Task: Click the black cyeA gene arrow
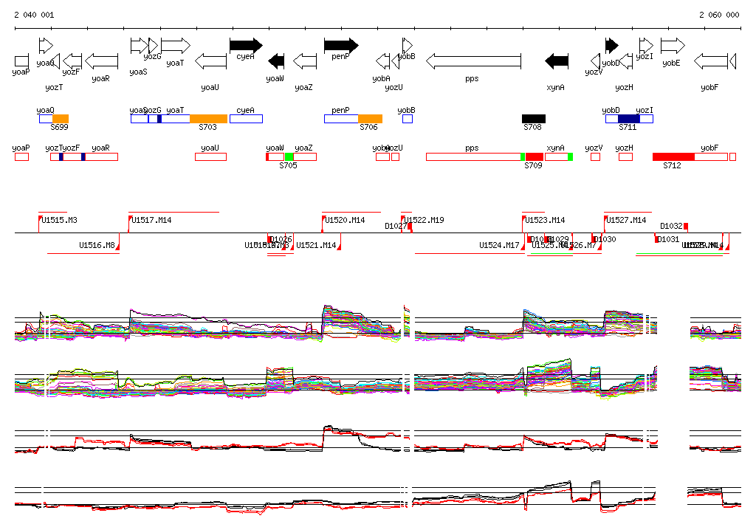click(246, 45)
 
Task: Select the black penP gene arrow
click(340, 45)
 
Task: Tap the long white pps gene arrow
click(473, 61)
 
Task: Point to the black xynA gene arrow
click(556, 61)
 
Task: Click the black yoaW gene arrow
click(276, 61)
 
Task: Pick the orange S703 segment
click(208, 119)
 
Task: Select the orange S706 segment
click(370, 119)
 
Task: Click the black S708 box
click(534, 119)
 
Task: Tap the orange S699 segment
click(61, 119)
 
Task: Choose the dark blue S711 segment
click(628, 119)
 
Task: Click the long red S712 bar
click(673, 156)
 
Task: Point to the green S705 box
click(289, 156)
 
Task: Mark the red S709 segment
click(535, 156)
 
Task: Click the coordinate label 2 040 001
click(34, 15)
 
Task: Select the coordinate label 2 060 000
click(719, 15)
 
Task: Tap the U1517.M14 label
click(151, 220)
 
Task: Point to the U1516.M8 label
click(97, 245)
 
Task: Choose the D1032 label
click(671, 226)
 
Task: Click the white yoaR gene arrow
click(101, 61)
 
